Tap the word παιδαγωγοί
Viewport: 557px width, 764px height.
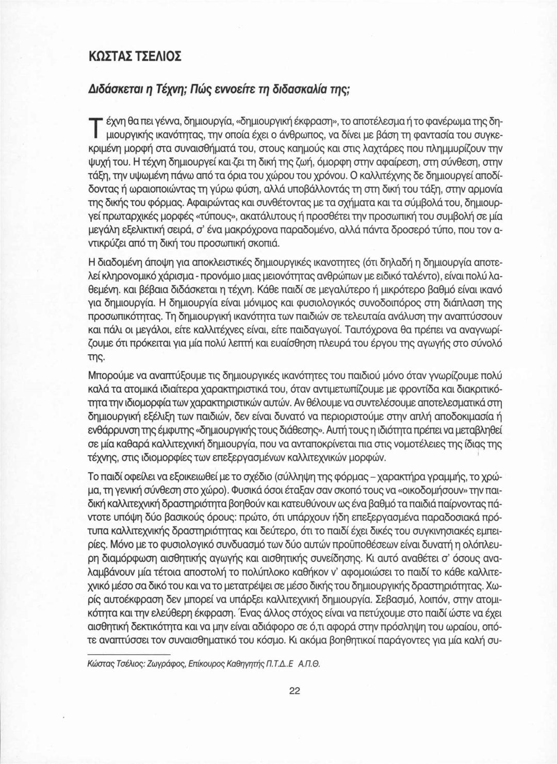(x=312, y=328)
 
